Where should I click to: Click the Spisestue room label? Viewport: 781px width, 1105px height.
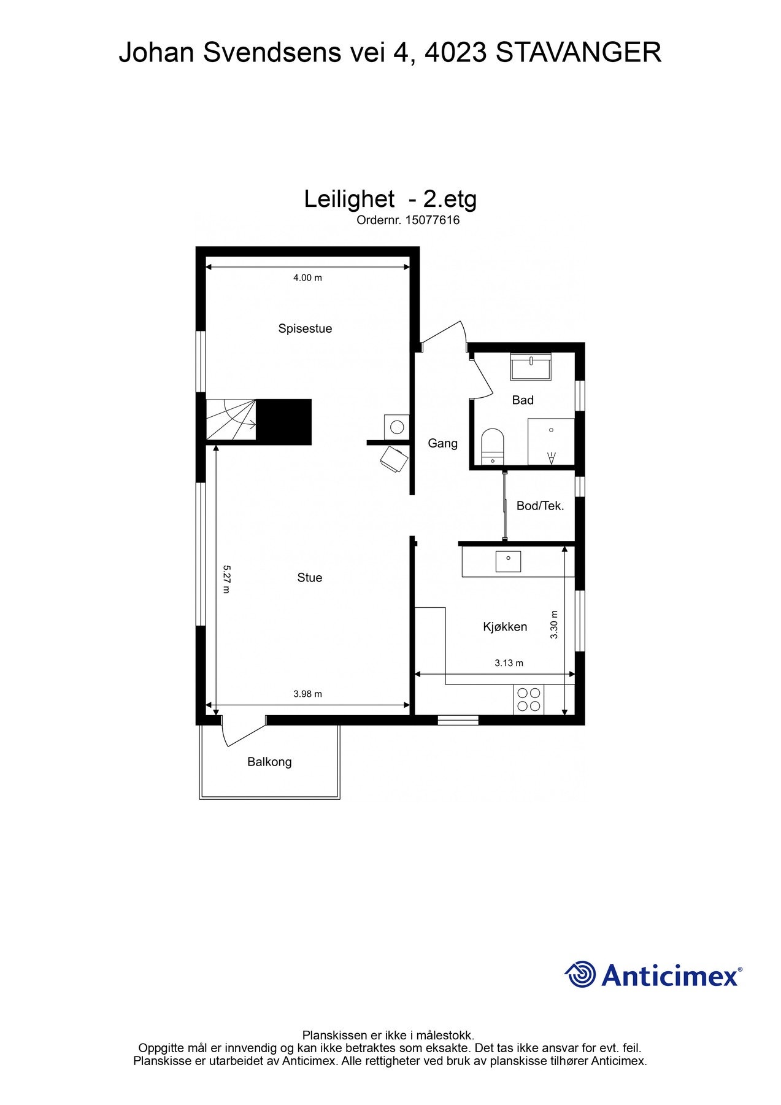pos(305,328)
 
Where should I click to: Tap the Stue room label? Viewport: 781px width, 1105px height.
pos(309,578)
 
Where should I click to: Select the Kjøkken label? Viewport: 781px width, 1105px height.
pos(505,627)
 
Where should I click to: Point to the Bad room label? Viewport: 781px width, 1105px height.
pos(523,400)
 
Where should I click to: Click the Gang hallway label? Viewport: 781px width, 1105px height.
pos(442,443)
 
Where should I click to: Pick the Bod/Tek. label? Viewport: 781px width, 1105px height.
pos(540,506)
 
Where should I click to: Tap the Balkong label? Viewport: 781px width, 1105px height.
pos(269,762)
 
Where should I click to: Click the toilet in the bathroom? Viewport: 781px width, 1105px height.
pos(492,446)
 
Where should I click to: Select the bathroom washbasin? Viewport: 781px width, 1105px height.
pos(531,367)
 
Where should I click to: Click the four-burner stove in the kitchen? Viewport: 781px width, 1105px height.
pos(529,700)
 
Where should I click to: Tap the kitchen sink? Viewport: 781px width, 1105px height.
pos(508,561)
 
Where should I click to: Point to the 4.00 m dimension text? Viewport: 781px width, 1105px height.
pos(307,277)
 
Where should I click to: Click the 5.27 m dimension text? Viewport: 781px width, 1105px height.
pos(226,580)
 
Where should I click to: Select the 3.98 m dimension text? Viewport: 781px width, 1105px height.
pos(307,694)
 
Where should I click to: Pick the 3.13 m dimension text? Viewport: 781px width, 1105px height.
pos(509,663)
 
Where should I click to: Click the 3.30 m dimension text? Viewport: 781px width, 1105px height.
pos(554,625)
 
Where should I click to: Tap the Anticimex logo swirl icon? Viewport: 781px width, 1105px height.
pos(580,974)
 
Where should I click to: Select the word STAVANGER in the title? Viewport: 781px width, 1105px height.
pos(578,53)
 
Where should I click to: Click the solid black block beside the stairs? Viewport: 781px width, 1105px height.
pos(283,422)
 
